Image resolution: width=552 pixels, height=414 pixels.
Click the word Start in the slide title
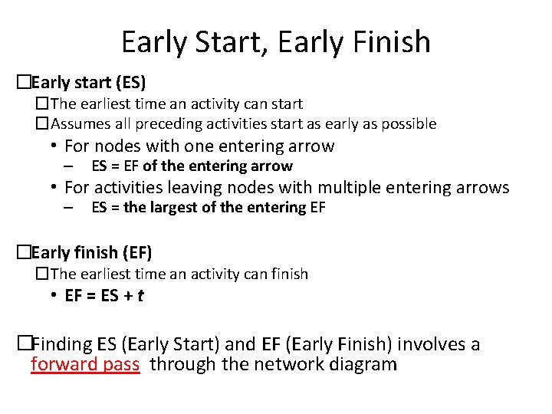(219, 41)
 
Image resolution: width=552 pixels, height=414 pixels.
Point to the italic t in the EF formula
(140, 295)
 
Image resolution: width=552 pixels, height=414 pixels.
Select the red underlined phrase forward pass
(85, 364)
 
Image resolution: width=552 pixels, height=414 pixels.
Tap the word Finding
(62, 344)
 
